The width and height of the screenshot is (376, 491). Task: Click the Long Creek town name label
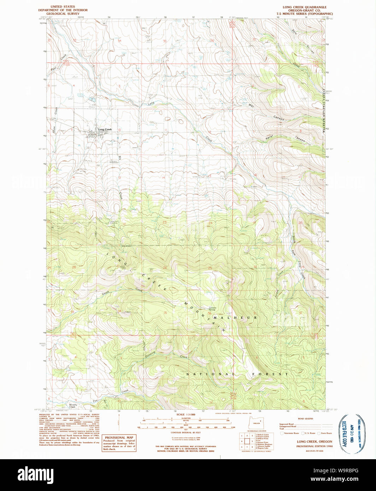[x=105, y=130]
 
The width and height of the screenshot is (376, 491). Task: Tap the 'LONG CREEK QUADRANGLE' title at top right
[x=304, y=7]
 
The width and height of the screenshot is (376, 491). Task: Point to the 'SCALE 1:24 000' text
[x=186, y=414]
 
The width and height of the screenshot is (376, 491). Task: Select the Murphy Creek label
[x=73, y=406]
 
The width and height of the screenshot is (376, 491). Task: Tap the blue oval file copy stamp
[x=350, y=434]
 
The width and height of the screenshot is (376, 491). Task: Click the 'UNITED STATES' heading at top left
[x=63, y=7]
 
